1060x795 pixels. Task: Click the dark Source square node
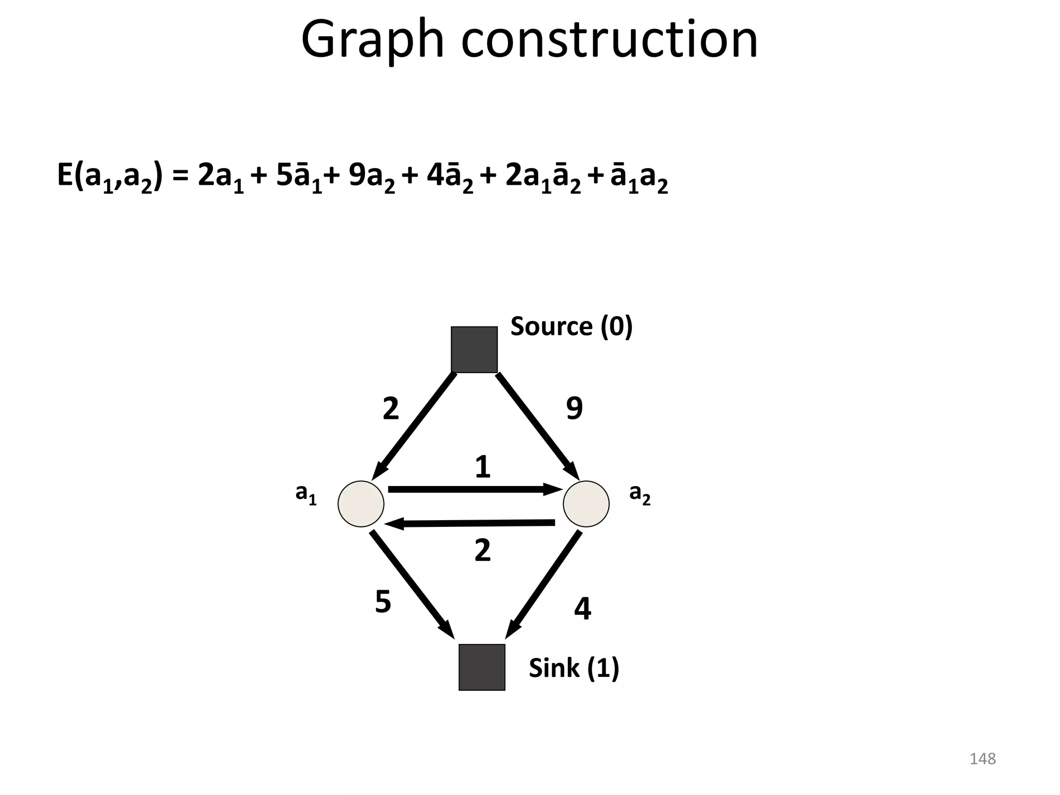point(474,349)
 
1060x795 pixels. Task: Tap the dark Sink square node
point(482,667)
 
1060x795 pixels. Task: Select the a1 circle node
point(361,504)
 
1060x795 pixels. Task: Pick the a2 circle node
point(586,504)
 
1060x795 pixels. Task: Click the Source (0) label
point(571,327)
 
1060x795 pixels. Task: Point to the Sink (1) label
point(574,668)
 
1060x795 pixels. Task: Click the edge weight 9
point(575,408)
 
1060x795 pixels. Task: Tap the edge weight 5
point(383,602)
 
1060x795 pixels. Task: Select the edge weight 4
point(582,609)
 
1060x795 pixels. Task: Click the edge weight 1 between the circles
point(482,467)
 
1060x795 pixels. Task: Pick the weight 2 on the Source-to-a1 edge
point(391,408)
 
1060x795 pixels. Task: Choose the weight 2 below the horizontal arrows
point(482,550)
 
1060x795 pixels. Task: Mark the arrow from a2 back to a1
point(471,524)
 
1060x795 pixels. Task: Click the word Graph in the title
point(372,40)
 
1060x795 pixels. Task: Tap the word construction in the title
point(609,40)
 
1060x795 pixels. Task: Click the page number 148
point(982,759)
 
